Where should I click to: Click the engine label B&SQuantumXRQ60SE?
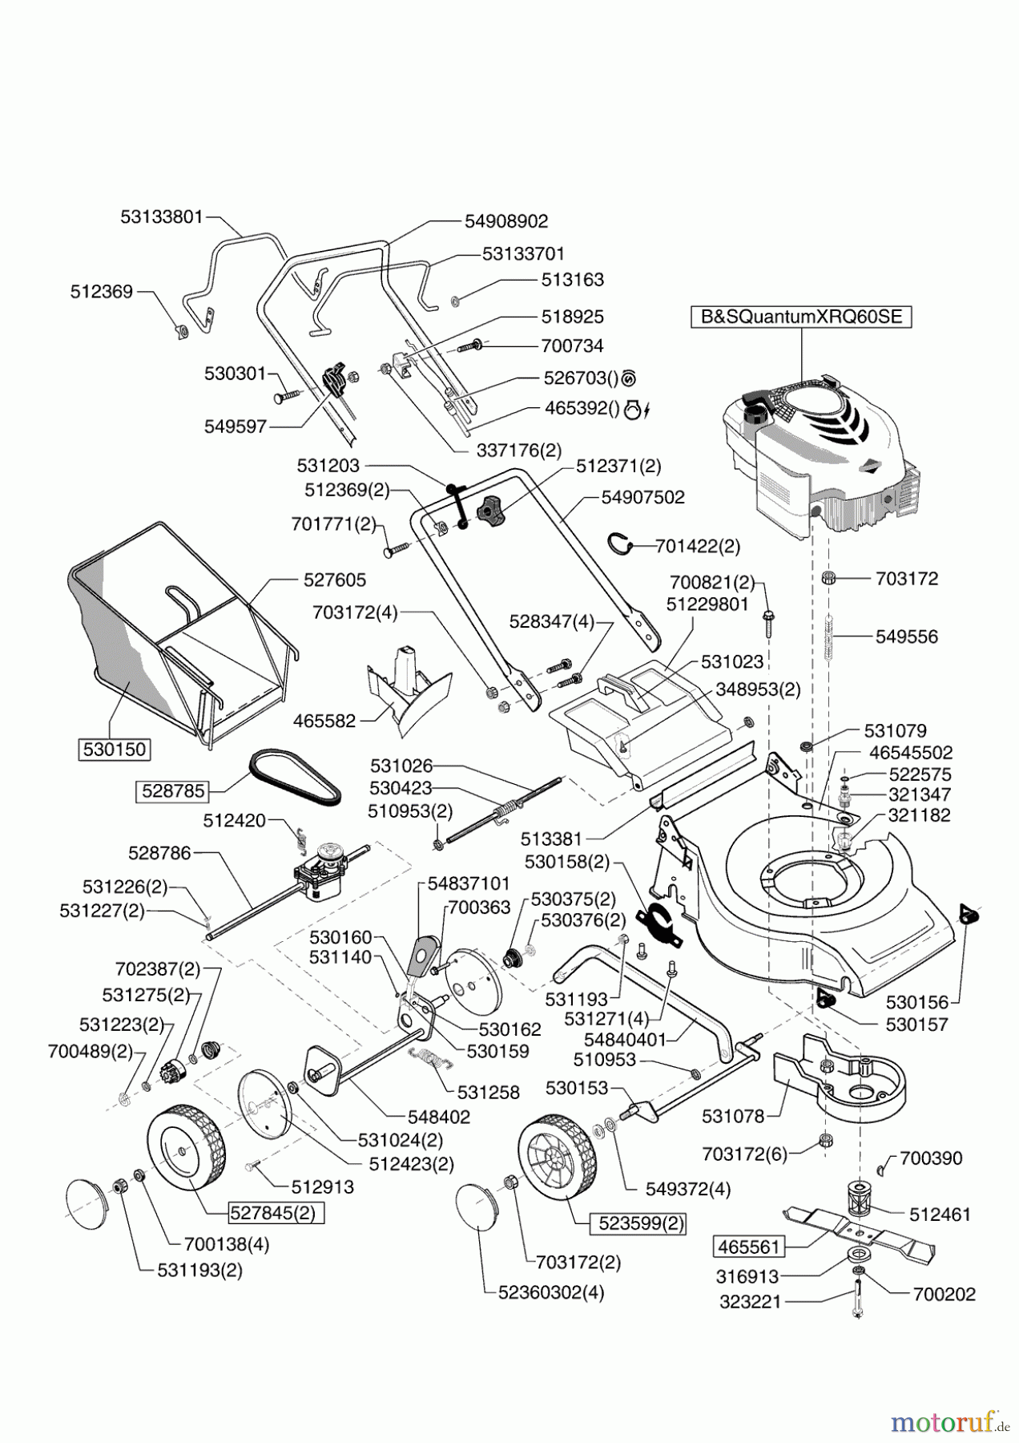pyautogui.click(x=801, y=317)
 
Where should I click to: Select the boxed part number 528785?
pyautogui.click(x=171, y=791)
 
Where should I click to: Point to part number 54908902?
pyautogui.click(x=506, y=221)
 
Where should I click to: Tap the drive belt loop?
pyautogui.click(x=297, y=778)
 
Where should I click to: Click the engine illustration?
pyautogui.click(x=809, y=457)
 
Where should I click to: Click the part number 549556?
pyautogui.click(x=906, y=637)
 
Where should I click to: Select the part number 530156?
pyautogui.click(x=917, y=1002)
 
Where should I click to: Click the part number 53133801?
pyautogui.click(x=163, y=216)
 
